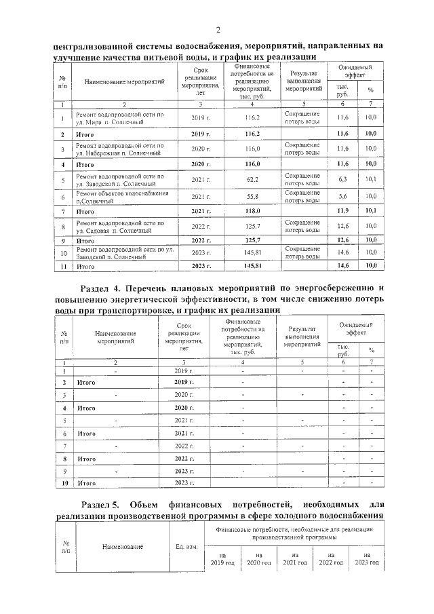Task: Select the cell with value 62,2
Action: click(252, 180)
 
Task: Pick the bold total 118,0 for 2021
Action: click(252, 212)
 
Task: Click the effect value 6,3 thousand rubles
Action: click(342, 180)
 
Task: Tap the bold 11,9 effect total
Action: click(342, 212)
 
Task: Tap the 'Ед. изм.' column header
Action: click(186, 547)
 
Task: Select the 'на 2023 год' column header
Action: click(366, 558)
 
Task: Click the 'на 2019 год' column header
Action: click(222, 558)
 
